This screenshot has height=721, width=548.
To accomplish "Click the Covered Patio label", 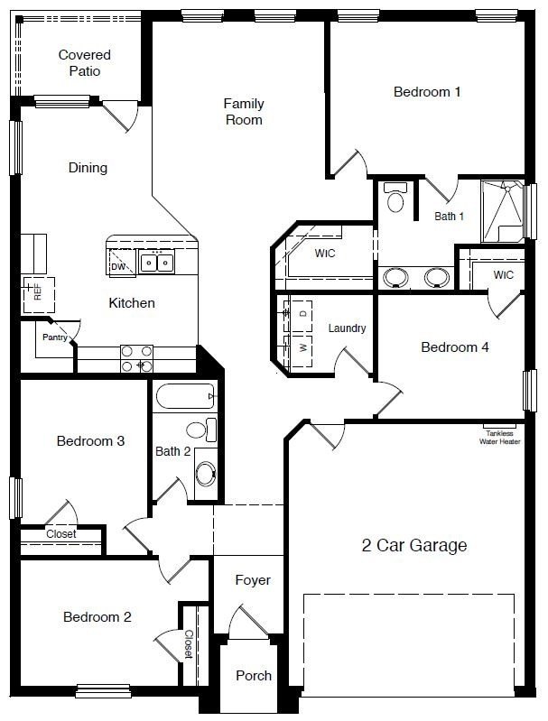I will point(84,63).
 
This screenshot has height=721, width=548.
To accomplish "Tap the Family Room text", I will point(244,112).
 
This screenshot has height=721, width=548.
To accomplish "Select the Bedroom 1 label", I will point(427,91).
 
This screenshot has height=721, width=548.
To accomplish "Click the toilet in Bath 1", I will point(395,196).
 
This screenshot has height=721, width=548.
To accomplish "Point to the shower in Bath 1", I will point(501,211).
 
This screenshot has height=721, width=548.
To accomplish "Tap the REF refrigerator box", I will point(38,291).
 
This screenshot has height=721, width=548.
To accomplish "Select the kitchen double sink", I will point(156,263).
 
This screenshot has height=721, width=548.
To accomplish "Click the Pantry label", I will point(55,337).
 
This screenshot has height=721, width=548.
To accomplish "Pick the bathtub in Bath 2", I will point(185,397).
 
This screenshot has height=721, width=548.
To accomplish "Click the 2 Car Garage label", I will point(414,545).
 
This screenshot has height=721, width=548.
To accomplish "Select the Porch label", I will point(254,676).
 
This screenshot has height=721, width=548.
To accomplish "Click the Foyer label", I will point(253,580).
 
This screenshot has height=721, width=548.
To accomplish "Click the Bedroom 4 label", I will point(455,347).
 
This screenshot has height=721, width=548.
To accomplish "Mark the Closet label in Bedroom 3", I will point(61,534).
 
